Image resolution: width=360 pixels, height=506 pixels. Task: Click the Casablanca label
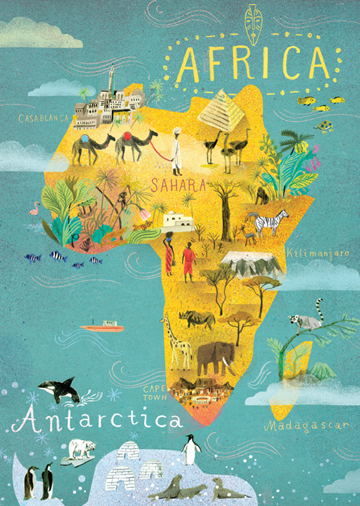point(43,118)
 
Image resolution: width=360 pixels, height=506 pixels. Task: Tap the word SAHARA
point(178,186)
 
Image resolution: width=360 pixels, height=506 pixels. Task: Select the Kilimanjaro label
point(313,250)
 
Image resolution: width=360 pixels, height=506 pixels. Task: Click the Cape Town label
point(155,392)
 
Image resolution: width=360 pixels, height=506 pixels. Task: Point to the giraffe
point(178,340)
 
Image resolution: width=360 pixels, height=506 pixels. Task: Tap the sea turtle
point(323,126)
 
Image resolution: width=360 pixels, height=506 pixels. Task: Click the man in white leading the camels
point(175,148)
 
